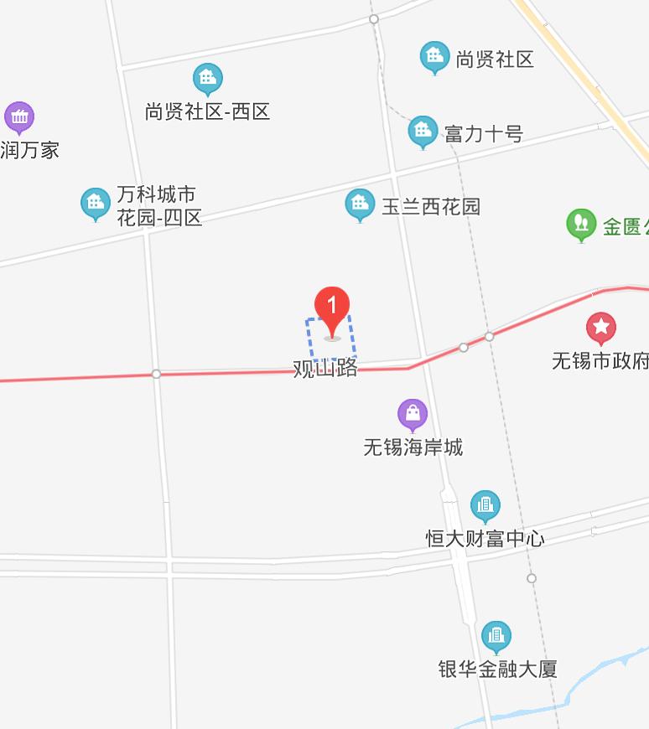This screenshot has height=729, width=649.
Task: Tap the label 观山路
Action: (325, 370)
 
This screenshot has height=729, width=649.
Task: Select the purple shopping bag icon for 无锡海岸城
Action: (413, 413)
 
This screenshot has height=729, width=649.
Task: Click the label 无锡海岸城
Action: (413, 447)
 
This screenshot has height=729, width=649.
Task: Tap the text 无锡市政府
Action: (600, 361)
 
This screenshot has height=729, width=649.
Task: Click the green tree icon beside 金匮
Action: (581, 224)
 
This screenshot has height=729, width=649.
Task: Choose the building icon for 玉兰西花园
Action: (361, 204)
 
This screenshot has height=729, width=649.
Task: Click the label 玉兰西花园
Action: (431, 207)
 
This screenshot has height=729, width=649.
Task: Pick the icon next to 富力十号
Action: (423, 131)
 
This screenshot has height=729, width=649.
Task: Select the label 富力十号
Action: (484, 133)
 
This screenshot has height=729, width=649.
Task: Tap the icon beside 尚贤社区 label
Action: (434, 57)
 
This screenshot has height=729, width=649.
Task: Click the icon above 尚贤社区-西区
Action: (207, 79)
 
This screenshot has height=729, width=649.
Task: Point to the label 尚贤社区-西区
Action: (207, 111)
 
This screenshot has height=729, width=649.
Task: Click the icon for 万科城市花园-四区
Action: (96, 203)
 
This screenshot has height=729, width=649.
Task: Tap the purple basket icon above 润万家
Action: (18, 117)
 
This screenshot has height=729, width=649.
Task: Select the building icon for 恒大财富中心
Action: (485, 505)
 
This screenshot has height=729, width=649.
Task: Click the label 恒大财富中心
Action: (485, 539)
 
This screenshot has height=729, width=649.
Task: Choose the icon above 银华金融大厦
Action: (496, 636)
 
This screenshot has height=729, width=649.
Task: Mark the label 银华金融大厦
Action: (497, 670)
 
